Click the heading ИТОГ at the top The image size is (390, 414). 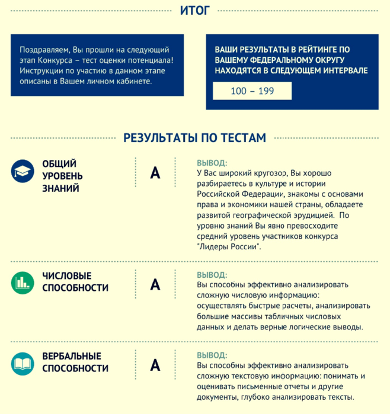[x=194, y=10]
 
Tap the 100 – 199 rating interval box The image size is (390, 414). [x=252, y=91]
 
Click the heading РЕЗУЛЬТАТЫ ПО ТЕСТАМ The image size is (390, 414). [x=194, y=138]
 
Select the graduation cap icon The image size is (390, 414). [x=22, y=172]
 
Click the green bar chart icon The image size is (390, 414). [x=22, y=283]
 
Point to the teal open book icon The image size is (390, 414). [x=22, y=362]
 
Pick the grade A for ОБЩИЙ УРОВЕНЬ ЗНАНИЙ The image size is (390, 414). [x=155, y=173]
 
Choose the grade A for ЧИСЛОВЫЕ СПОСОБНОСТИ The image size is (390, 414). [x=155, y=285]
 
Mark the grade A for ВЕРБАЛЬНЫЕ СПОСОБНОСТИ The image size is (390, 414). [x=155, y=365]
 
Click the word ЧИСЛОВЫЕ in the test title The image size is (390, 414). [x=67, y=276]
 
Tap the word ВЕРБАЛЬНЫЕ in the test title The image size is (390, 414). [x=72, y=356]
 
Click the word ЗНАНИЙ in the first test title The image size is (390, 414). [x=60, y=188]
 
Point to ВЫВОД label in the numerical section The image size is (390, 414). [x=212, y=275]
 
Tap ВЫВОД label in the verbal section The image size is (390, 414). [x=212, y=355]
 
